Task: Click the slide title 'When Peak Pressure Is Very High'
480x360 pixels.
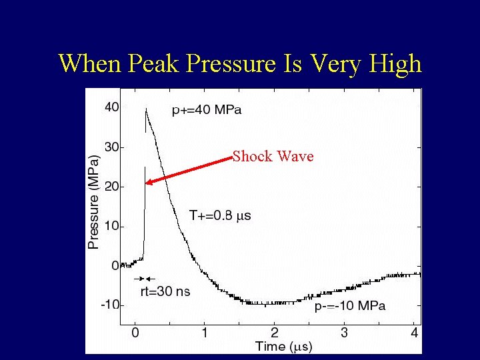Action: point(240,64)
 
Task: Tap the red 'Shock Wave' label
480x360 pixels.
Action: point(273,156)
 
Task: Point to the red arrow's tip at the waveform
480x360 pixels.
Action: point(147,181)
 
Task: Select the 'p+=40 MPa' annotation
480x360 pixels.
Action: point(207,111)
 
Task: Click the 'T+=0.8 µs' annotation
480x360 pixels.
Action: point(220,215)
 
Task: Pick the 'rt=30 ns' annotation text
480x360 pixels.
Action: point(165,291)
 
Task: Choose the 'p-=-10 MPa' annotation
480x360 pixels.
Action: point(350,306)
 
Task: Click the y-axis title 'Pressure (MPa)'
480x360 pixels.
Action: point(94,202)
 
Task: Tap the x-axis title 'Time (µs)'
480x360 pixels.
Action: point(283,346)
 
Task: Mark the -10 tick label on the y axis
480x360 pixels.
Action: point(109,305)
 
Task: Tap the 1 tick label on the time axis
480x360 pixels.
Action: point(205,333)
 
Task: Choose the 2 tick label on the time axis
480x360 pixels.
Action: point(274,333)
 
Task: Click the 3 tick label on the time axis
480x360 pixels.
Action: point(344,333)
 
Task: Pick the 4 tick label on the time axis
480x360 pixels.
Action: point(414,333)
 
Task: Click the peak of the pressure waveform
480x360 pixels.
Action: point(146,109)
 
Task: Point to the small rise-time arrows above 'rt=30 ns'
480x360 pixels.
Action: point(145,278)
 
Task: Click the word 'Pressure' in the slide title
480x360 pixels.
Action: point(231,64)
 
